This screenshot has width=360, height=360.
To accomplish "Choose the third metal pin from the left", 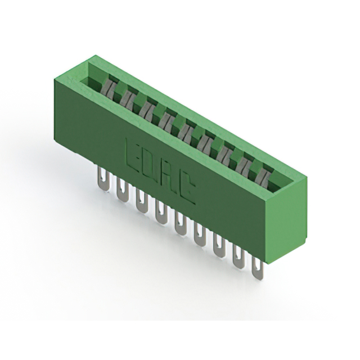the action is pos(141,201).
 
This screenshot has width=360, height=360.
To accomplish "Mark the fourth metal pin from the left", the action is pos(160,212).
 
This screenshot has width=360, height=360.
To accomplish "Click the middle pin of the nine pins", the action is pos(180,223).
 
